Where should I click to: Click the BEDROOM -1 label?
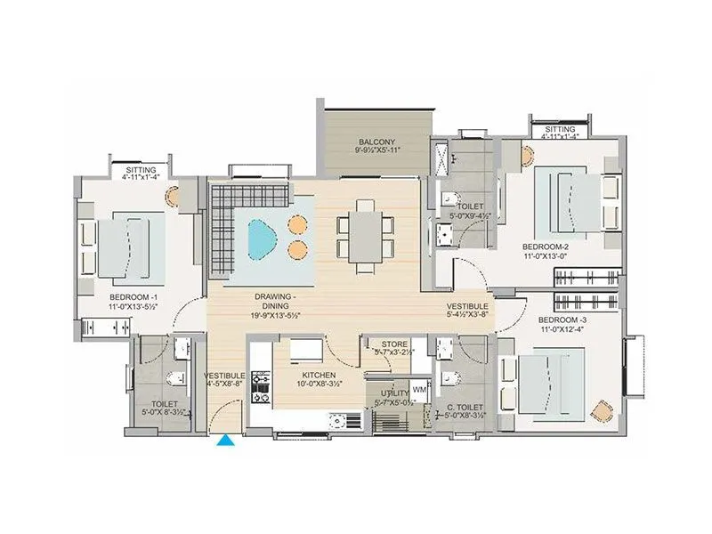pyautogui.click(x=133, y=296)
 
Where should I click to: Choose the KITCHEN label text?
pyautogui.click(x=318, y=376)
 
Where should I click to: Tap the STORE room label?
pyautogui.click(x=394, y=344)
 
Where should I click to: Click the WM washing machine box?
pyautogui.click(x=419, y=390)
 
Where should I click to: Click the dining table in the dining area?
pyautogui.click(x=364, y=235)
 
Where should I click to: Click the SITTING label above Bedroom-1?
pyautogui.click(x=141, y=168)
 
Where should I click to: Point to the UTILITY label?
pyautogui.click(x=394, y=392)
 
